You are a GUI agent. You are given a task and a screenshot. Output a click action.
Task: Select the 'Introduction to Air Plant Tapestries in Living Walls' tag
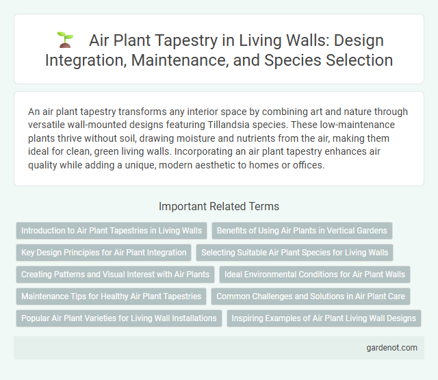pos(112,231)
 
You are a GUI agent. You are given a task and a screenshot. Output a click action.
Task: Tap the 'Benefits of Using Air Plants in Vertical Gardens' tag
pos(302,231)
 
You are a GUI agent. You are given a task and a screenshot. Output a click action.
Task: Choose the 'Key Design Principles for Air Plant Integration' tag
pos(103,253)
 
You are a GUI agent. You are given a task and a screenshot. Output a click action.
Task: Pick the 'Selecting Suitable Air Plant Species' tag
pos(294,253)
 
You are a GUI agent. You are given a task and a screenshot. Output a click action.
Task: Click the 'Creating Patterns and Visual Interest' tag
pos(115,275)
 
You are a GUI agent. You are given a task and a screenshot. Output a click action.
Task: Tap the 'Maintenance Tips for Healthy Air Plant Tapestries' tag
pos(111,296)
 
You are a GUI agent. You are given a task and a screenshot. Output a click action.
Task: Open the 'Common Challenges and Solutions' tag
pos(309,296)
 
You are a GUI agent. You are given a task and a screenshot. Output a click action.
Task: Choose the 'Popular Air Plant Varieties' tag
pos(118,318)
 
